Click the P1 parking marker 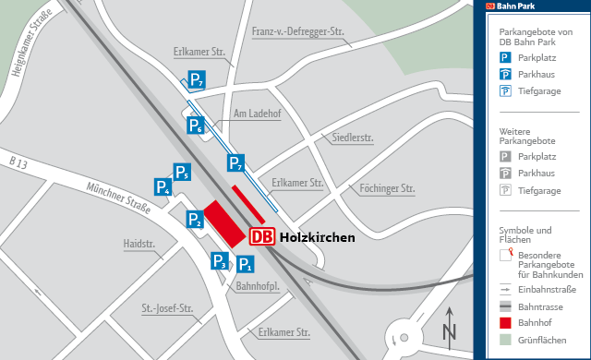pos(245,265)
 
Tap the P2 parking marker pos(196,220)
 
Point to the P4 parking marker pos(163,187)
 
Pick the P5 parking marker pos(181,172)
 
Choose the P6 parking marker pos(196,126)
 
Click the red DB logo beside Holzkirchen pos(261,237)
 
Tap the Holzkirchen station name pos(317,237)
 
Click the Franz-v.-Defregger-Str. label pos(297,32)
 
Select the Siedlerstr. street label pos(352,138)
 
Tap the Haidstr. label pos(139,245)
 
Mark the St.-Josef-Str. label pos(167,307)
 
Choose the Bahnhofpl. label pos(259,286)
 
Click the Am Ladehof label pos(256,114)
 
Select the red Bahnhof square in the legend pos(506,322)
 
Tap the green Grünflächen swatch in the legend pos(506,339)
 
